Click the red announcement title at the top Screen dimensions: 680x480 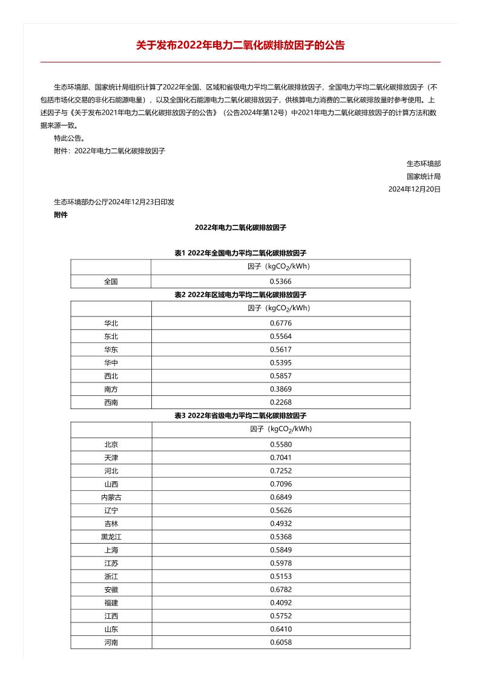(240, 45)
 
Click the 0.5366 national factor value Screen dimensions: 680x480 (280, 281)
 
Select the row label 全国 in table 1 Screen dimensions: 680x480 (111, 281)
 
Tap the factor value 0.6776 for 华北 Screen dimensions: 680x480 (280, 323)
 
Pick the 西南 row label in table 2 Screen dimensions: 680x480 (111, 402)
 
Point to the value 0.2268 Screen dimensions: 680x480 (280, 402)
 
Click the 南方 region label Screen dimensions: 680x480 (111, 388)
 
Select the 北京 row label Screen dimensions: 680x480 (111, 444)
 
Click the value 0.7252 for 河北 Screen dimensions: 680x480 (280, 471)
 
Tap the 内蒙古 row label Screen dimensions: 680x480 (111, 497)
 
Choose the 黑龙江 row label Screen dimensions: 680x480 (111, 536)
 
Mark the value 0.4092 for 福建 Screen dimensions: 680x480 (280, 602)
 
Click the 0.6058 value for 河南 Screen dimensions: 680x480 (280, 642)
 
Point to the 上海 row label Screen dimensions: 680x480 (111, 550)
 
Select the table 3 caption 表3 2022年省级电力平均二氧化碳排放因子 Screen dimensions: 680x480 (240, 416)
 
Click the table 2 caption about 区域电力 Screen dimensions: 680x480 (240, 295)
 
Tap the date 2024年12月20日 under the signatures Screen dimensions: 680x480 (414, 189)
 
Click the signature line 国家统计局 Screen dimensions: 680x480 (423, 176)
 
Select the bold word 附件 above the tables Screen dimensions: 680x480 (61, 215)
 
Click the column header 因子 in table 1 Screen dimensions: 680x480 (280, 267)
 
